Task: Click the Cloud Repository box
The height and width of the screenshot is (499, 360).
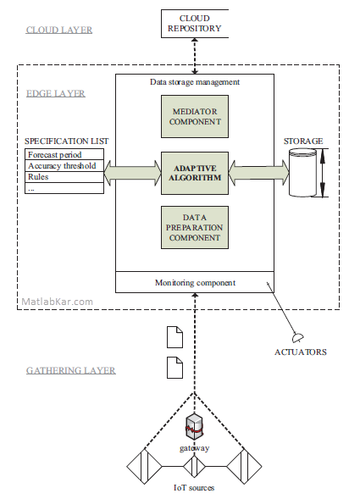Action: click(195, 24)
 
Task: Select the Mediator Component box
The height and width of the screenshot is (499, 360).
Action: click(195, 116)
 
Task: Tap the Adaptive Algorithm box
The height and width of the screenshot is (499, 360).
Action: click(195, 173)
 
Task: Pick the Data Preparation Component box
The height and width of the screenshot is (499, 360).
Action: click(195, 228)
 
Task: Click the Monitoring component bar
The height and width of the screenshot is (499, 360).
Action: click(195, 282)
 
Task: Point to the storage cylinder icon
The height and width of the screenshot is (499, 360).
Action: click(302, 173)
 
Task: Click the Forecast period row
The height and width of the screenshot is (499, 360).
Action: click(64, 154)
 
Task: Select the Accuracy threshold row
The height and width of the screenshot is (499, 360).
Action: click(64, 166)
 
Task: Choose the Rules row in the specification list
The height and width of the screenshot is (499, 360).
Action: click(64, 177)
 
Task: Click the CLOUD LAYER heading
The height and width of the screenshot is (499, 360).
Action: click(59, 30)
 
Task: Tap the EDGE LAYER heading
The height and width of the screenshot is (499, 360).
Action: click(56, 93)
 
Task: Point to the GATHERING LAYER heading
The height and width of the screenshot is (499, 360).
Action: click(71, 370)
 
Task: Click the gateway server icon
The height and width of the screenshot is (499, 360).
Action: click(195, 426)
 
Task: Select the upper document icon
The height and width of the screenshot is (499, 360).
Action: click(175, 337)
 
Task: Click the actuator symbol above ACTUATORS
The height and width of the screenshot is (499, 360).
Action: click(298, 338)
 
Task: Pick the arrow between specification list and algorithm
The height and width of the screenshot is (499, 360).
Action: click(133, 173)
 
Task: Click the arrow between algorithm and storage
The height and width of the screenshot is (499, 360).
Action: click(259, 173)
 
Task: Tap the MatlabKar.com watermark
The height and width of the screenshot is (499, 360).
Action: click(58, 302)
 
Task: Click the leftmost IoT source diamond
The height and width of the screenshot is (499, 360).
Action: click(145, 467)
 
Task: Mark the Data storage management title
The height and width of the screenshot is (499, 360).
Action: click(195, 82)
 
